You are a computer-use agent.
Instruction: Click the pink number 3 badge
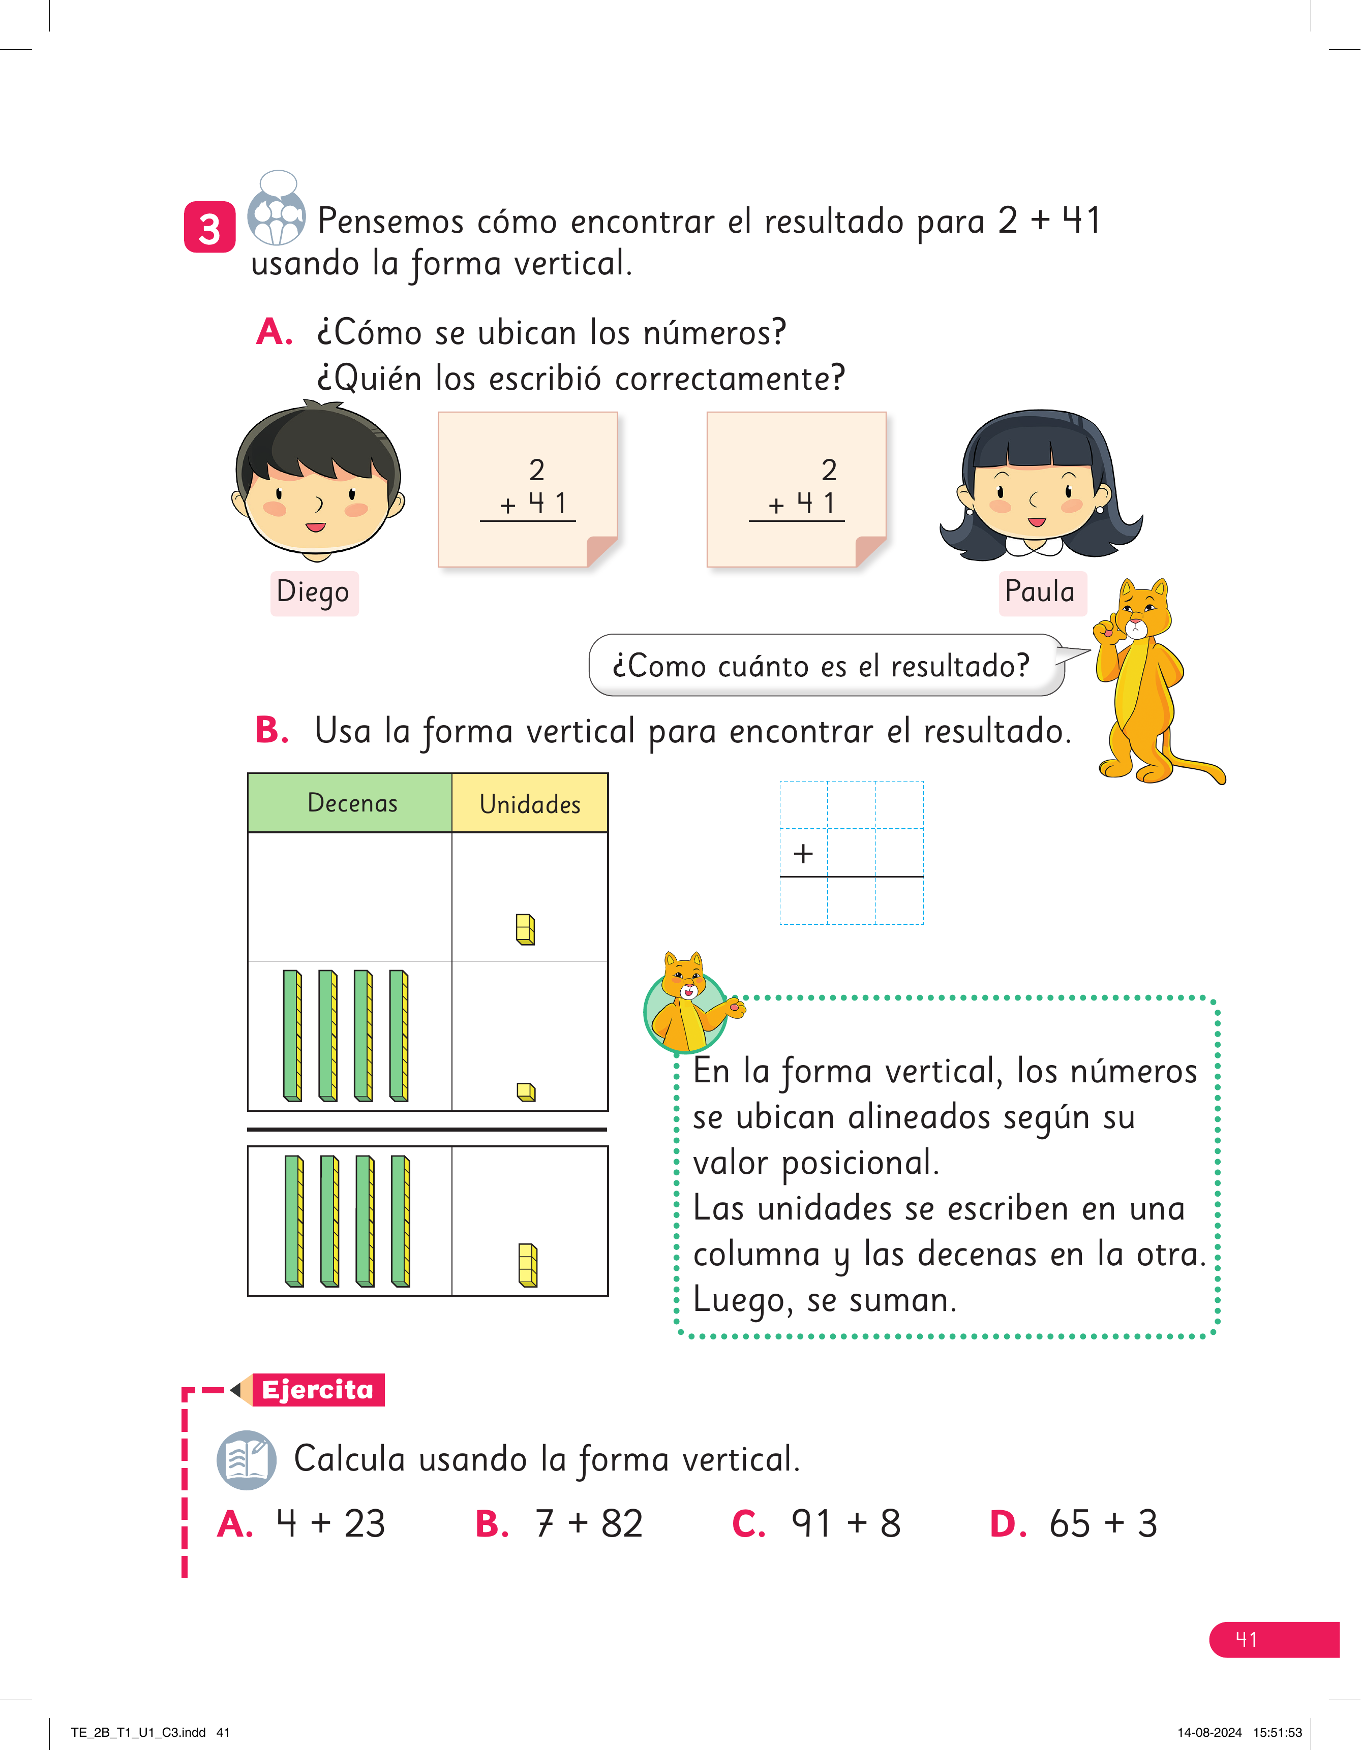[209, 228]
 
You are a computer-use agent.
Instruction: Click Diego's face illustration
[318, 481]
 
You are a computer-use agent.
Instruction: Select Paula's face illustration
[1040, 485]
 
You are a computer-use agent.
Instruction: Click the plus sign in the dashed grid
[803, 853]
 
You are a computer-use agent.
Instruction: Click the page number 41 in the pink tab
[1247, 1639]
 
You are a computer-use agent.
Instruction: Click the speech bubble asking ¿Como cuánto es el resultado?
[826, 665]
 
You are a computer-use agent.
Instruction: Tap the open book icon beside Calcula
[247, 1460]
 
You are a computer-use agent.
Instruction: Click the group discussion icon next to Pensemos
[277, 208]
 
